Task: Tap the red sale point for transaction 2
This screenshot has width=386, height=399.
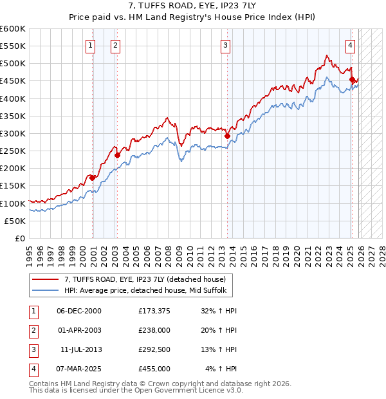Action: click(118, 155)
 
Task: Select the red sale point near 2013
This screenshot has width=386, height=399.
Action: click(227, 136)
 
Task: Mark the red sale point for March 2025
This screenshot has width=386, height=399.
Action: click(352, 79)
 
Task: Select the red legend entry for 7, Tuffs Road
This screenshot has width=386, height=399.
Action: click(144, 279)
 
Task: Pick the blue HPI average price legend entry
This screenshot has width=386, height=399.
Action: click(145, 291)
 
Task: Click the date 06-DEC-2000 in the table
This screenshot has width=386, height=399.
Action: click(79, 311)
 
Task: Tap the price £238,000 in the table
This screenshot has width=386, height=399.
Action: click(154, 330)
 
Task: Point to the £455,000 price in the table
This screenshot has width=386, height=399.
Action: click(154, 369)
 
